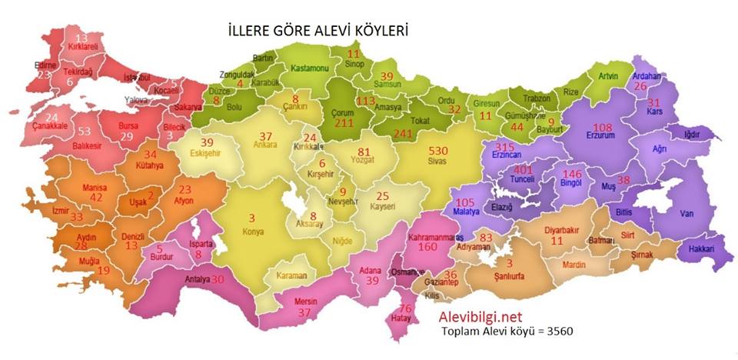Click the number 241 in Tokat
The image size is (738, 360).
(403, 132)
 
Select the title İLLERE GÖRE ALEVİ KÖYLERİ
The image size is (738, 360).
(317, 30)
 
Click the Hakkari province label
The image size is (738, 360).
(701, 249)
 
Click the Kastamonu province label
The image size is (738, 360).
(309, 68)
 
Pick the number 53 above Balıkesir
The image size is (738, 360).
(84, 132)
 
